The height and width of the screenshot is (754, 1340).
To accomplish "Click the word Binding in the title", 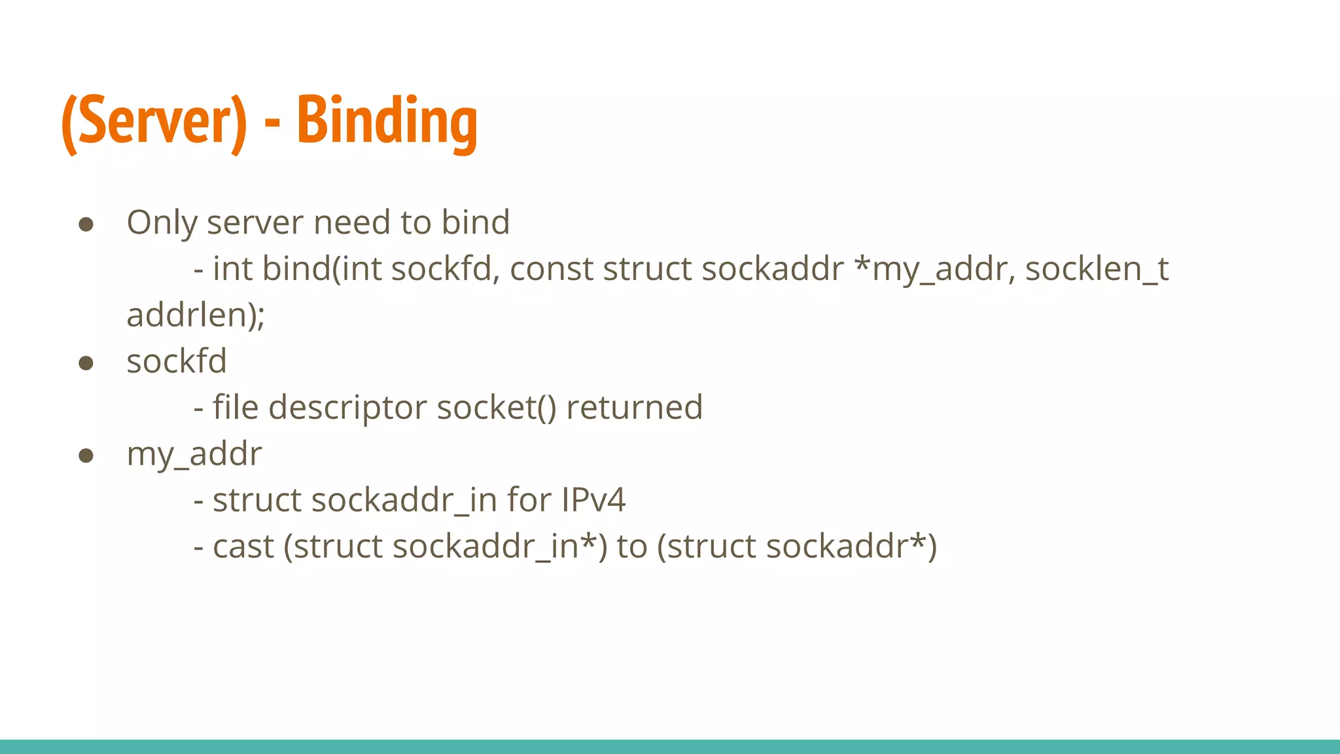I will [387, 120].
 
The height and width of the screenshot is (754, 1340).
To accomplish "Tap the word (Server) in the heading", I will [154, 122].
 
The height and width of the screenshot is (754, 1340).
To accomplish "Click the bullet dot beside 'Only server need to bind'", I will [86, 224].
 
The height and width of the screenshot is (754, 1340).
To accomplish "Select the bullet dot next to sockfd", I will [86, 363].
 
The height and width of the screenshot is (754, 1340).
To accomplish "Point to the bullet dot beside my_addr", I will [86, 455].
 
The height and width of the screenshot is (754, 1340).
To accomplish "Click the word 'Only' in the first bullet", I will [161, 223].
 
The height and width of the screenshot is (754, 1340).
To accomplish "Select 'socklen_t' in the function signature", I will [1097, 269].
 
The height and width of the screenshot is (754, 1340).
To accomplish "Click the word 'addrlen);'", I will [196, 315].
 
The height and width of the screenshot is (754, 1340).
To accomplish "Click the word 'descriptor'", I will [347, 408].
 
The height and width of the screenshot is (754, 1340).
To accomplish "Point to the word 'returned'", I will [634, 407].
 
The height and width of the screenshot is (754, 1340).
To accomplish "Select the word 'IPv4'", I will [593, 500].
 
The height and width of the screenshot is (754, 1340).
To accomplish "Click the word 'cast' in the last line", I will [243, 547].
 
